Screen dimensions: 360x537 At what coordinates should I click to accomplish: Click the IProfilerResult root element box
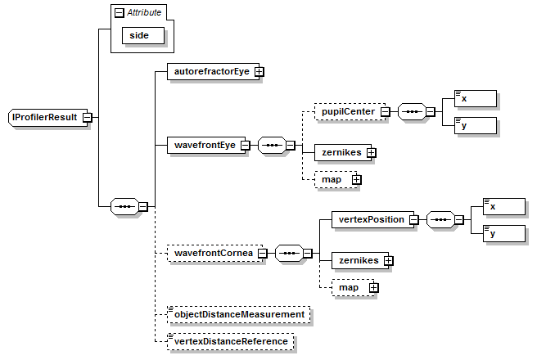44,118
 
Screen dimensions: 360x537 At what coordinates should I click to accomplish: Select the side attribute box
144,36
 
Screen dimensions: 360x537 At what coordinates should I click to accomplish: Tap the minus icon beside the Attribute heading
119,12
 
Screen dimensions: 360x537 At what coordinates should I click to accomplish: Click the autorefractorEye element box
210,72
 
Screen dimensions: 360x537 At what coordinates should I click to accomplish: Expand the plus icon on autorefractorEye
259,72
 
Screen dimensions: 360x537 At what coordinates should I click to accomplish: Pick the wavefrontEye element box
204,146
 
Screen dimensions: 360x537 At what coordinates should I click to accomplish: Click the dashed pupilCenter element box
348,111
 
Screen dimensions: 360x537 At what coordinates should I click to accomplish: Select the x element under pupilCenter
475,98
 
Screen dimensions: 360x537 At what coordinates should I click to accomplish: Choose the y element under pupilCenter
475,125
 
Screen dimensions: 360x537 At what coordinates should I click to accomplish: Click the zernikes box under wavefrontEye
341,151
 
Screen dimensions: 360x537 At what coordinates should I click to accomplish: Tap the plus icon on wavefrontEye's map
356,179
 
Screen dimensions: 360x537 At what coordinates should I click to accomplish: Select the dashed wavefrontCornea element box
212,254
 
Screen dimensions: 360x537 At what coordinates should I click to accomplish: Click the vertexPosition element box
371,219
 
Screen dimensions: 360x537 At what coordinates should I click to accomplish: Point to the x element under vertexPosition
503,205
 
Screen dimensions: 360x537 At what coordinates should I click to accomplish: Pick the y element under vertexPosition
503,232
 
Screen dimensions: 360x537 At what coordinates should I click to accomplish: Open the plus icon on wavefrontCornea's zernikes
388,260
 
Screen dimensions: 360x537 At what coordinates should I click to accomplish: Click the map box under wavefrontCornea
350,287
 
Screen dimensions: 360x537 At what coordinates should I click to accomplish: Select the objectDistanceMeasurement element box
237,314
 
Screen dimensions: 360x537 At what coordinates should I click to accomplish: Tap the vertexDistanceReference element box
230,341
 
